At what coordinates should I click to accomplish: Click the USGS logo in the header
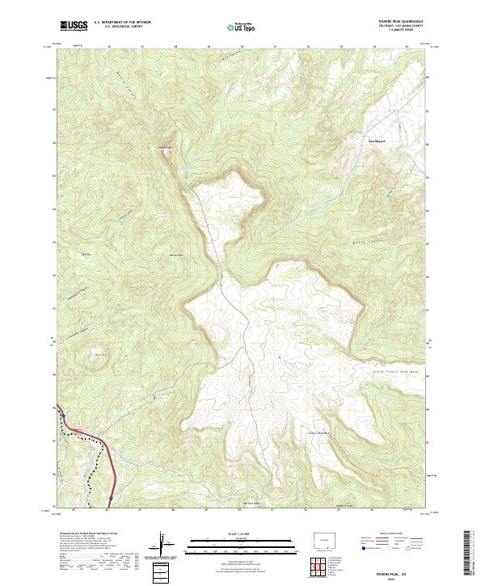73,26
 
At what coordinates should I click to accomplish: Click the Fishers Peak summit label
165,147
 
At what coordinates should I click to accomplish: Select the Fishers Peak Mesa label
323,434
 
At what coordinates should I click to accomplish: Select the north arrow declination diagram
164,544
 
